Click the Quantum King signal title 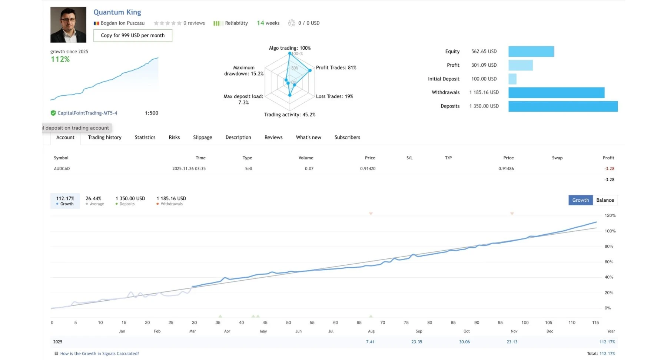point(117,12)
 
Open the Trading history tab point(104,138)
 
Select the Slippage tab point(202,138)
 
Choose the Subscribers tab point(347,138)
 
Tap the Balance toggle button point(605,200)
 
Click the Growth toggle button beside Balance point(580,200)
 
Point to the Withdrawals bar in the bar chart point(556,93)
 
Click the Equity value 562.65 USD point(484,52)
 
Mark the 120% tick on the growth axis point(610,215)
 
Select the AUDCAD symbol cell point(62,169)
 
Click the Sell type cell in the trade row point(248,169)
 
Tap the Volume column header point(306,158)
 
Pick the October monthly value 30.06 point(464,342)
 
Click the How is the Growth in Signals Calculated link point(99,354)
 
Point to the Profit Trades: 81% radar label point(336,68)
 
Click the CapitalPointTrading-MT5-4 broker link point(87,113)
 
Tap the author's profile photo point(68,25)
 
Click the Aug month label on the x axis point(371,331)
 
